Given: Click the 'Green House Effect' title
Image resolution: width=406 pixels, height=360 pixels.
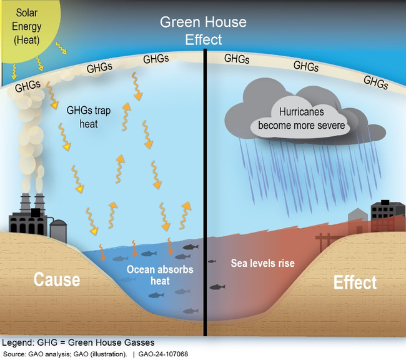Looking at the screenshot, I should tap(203, 31).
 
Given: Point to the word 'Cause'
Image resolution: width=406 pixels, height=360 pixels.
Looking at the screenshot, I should tap(57, 279).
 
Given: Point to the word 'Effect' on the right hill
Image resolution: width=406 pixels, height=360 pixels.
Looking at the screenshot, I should tap(355, 282).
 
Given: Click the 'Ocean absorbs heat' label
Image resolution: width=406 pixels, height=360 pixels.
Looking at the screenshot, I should tap(160, 276).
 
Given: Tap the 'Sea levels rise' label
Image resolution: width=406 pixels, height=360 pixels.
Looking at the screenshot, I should tap(262, 263).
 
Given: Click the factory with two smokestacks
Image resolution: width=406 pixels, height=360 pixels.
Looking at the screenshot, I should tap(27, 215).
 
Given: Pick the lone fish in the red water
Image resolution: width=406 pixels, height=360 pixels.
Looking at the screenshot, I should tap(217, 287).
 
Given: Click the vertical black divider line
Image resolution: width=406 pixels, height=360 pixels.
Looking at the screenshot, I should tap(205, 187).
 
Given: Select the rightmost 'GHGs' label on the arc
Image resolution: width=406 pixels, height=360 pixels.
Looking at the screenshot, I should tap(375, 81).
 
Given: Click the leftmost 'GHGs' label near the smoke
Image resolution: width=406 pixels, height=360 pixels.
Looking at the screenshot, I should tap(27, 84).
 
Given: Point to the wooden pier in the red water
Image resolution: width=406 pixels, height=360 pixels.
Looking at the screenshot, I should tap(325, 241).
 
